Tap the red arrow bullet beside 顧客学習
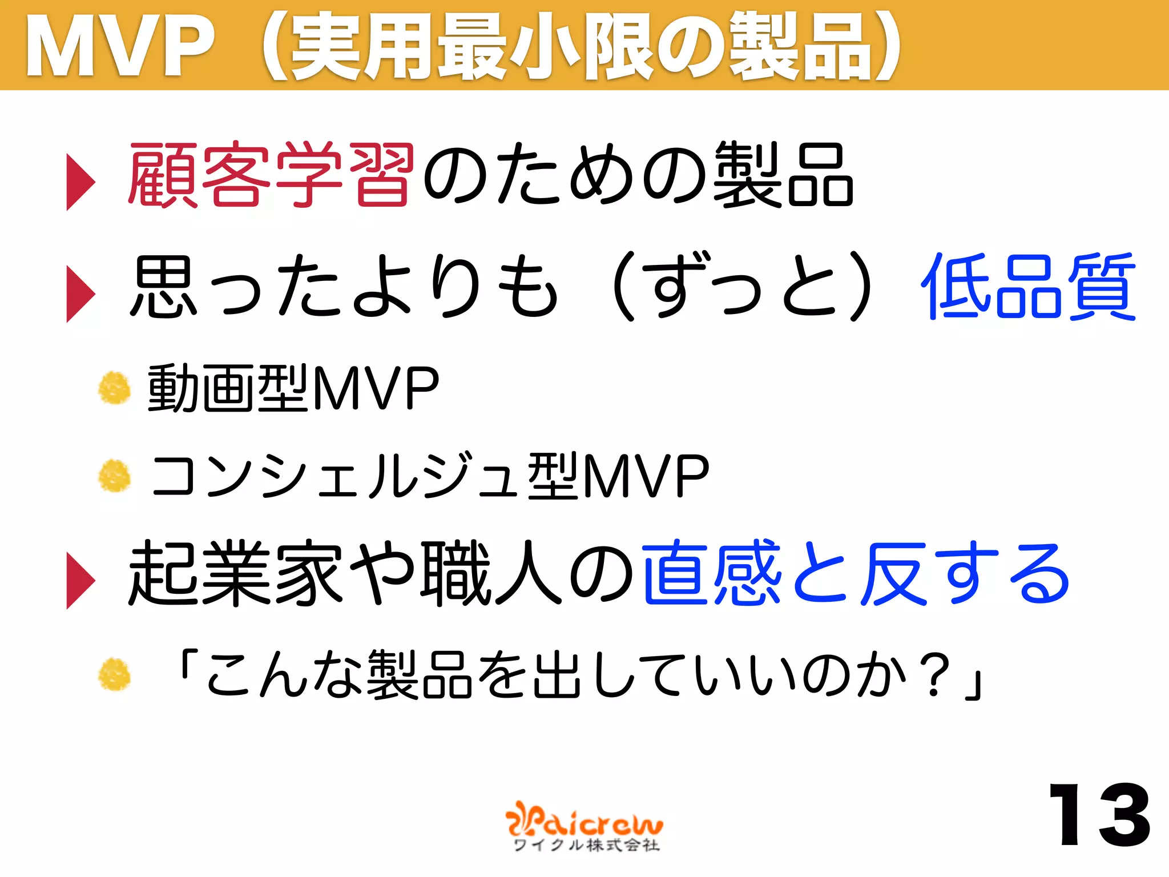80,182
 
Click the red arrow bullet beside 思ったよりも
80,294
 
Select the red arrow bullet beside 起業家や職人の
80,581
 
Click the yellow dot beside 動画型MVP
114,388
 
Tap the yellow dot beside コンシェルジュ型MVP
114,476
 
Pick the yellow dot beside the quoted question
114,674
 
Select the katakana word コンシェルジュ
337,476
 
